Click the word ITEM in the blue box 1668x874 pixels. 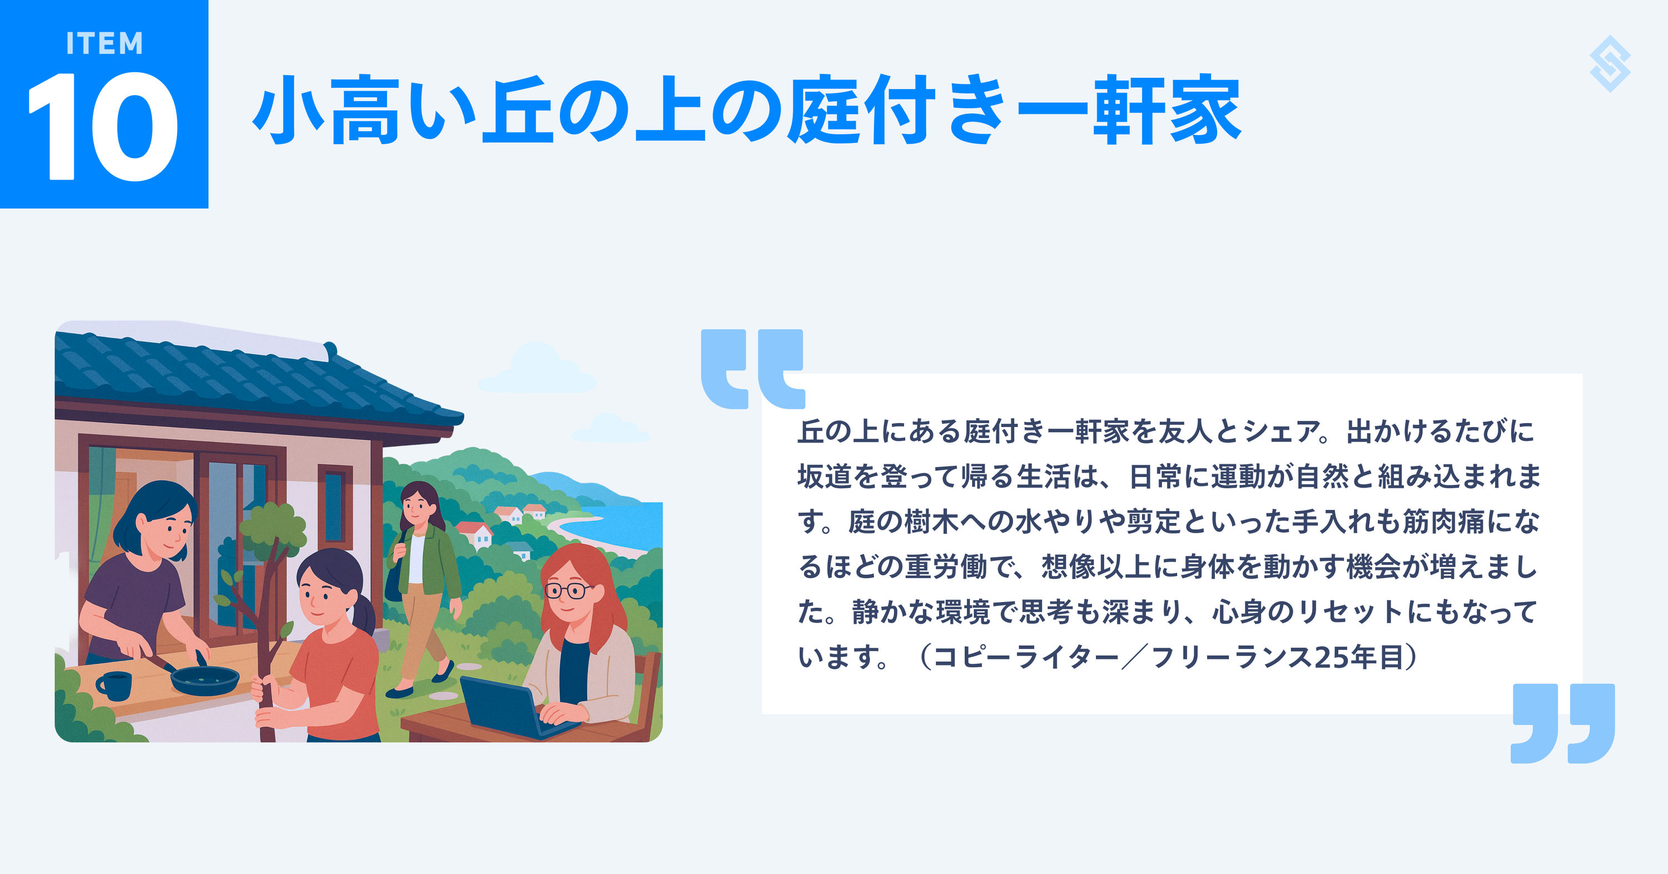105,43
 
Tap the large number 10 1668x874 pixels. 102,127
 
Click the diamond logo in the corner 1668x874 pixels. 1610,64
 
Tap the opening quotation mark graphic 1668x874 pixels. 752,369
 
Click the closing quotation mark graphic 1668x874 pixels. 1563,723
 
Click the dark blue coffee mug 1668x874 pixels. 114,686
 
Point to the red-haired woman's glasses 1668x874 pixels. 568,590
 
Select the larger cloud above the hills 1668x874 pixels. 538,369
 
